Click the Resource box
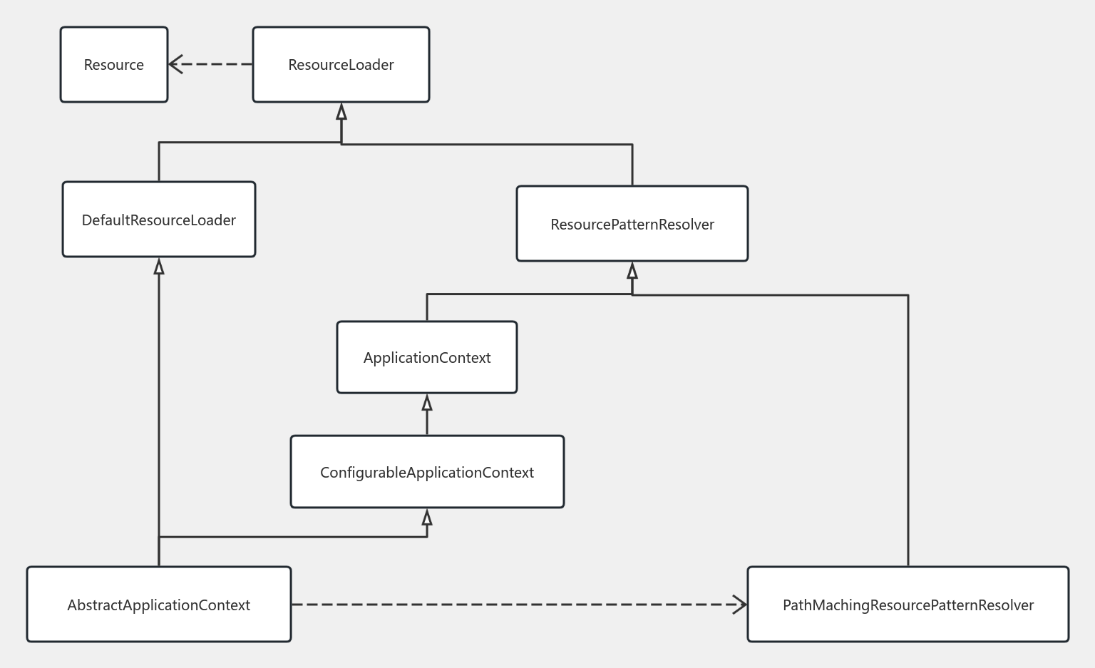114,65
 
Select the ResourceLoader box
341,65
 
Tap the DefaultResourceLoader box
159,220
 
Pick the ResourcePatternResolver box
632,224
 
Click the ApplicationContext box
426,357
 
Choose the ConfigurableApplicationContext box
427,472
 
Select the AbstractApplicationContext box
158,605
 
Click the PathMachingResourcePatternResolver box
908,605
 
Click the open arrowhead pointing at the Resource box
175,64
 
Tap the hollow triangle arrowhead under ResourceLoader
341,112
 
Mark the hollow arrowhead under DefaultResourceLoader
159,267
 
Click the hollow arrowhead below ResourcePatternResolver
632,271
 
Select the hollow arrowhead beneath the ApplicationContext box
427,404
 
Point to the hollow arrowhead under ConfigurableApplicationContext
427,518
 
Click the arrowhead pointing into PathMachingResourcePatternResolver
741,605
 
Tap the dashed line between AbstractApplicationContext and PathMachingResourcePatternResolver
513,605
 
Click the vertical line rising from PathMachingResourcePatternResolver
908,428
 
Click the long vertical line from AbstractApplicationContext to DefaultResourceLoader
159,399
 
